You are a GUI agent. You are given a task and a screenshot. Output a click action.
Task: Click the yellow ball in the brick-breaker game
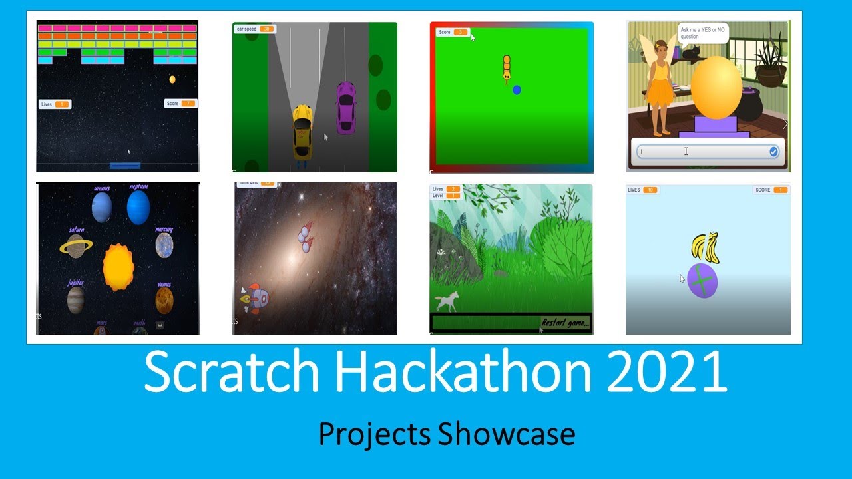[x=172, y=79]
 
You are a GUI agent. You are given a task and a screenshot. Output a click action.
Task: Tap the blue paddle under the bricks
[x=125, y=165]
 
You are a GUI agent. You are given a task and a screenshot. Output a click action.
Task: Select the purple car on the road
[x=345, y=108]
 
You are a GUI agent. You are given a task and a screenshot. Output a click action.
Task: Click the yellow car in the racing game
[x=302, y=131]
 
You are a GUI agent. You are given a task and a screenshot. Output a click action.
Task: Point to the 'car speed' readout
[x=254, y=29]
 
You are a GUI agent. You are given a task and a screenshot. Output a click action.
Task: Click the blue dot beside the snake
[x=517, y=90]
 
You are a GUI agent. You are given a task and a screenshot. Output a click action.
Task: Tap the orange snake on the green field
[x=507, y=69]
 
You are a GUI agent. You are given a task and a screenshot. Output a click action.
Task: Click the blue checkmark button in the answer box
[x=773, y=152]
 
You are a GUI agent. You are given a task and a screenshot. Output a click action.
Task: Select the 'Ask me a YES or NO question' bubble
[x=703, y=33]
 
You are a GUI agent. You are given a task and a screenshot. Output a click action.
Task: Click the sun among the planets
[x=118, y=267]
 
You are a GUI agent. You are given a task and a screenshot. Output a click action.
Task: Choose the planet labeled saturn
[x=76, y=246]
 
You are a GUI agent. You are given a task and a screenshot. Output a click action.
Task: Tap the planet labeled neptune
[x=138, y=206]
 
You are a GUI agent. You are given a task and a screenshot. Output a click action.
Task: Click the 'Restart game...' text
[x=565, y=323]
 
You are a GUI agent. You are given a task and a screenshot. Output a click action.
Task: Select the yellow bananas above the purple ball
[x=704, y=245]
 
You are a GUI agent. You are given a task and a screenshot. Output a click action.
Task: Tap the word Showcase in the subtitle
[x=507, y=434]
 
